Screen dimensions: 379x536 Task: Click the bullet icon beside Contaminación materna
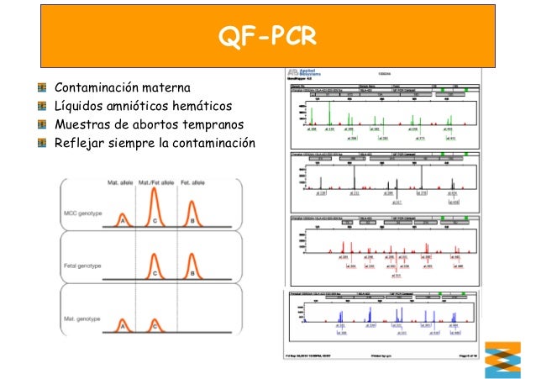coord(41,87)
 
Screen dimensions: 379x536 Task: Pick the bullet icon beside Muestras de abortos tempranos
coord(41,123)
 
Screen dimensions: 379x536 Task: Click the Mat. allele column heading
coord(118,182)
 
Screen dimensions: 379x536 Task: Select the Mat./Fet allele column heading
coord(155,182)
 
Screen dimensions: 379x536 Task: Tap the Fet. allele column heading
coord(195,182)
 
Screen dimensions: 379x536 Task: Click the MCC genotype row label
coord(82,213)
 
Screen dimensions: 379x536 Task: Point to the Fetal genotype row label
coord(81,263)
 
